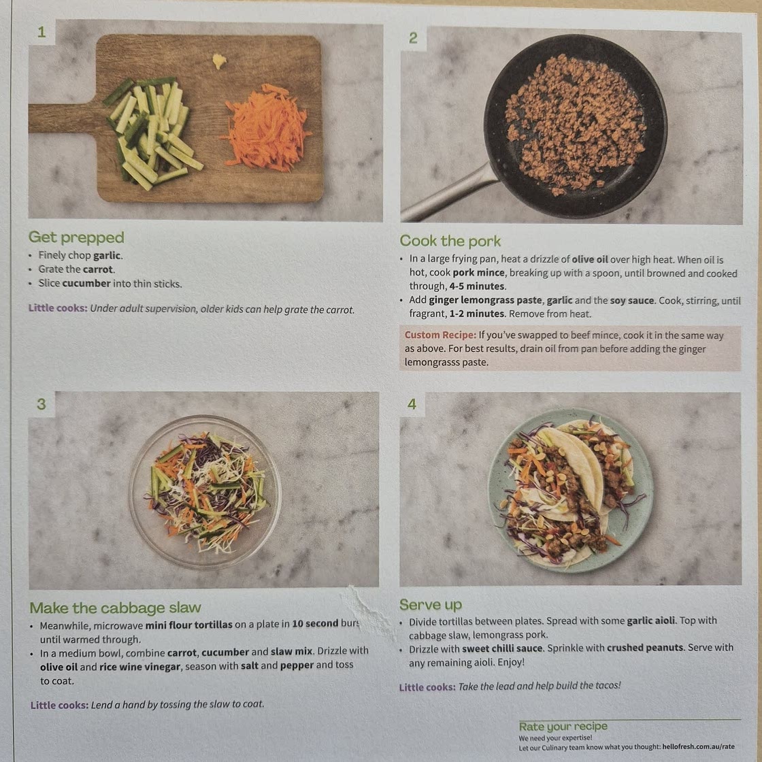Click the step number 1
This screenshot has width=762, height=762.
point(42,32)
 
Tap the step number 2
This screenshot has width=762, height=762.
point(413,38)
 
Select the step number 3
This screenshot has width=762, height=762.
point(42,404)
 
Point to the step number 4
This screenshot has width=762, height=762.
point(412,404)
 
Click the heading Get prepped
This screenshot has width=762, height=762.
point(76,237)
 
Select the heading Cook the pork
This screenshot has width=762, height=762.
point(450,241)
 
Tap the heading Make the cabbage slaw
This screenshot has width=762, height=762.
point(115,608)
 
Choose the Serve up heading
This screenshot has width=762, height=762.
point(431,605)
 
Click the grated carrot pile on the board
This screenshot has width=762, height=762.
point(265,129)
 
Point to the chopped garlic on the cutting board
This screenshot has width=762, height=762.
point(219,61)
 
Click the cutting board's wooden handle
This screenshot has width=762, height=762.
point(63,118)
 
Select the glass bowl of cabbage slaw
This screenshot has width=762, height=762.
point(205,492)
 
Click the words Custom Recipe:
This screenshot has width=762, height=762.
point(440,335)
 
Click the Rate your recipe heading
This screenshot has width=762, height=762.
point(563,727)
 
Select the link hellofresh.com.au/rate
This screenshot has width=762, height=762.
point(698,746)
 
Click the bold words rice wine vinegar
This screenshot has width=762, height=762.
point(140,667)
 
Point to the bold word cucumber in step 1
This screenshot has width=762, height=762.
point(86,283)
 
